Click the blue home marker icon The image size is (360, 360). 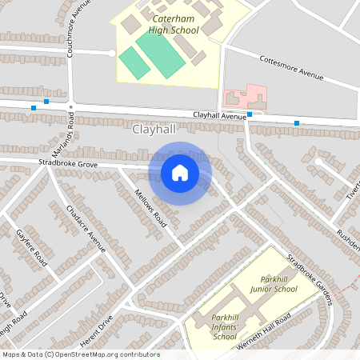(180, 173)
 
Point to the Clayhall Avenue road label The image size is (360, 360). (218, 116)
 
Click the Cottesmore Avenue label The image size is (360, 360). (291, 67)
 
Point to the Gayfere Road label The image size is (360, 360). (33, 247)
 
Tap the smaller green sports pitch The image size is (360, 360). (134, 63)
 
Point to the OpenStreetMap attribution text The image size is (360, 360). (81, 354)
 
